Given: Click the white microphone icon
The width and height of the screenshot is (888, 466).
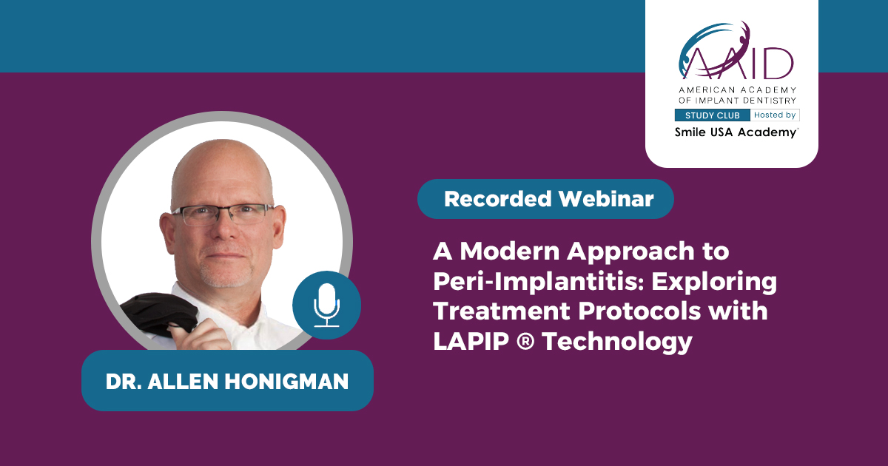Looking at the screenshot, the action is [326, 305].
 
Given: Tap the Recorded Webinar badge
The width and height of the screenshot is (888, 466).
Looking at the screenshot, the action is [545, 199].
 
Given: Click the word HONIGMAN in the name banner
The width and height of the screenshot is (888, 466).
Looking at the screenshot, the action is [286, 381].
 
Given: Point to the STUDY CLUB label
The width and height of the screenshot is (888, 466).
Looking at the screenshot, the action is [713, 115].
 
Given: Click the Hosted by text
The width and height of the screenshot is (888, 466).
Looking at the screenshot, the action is [775, 115].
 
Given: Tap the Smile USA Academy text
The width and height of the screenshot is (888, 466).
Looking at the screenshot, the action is [736, 132].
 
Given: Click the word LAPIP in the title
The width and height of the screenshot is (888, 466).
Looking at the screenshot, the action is [471, 341].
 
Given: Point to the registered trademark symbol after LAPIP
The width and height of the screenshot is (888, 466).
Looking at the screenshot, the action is [525, 341].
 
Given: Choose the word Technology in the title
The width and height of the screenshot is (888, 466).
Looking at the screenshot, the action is [617, 342].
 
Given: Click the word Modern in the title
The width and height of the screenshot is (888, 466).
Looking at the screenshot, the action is [509, 251].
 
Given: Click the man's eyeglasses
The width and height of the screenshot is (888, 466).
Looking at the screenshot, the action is [223, 214].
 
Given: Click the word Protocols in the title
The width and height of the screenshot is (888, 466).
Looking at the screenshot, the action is [639, 311].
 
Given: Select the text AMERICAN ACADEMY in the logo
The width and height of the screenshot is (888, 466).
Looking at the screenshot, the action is [737, 90].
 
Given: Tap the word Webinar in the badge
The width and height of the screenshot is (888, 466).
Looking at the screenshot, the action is [606, 199].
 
